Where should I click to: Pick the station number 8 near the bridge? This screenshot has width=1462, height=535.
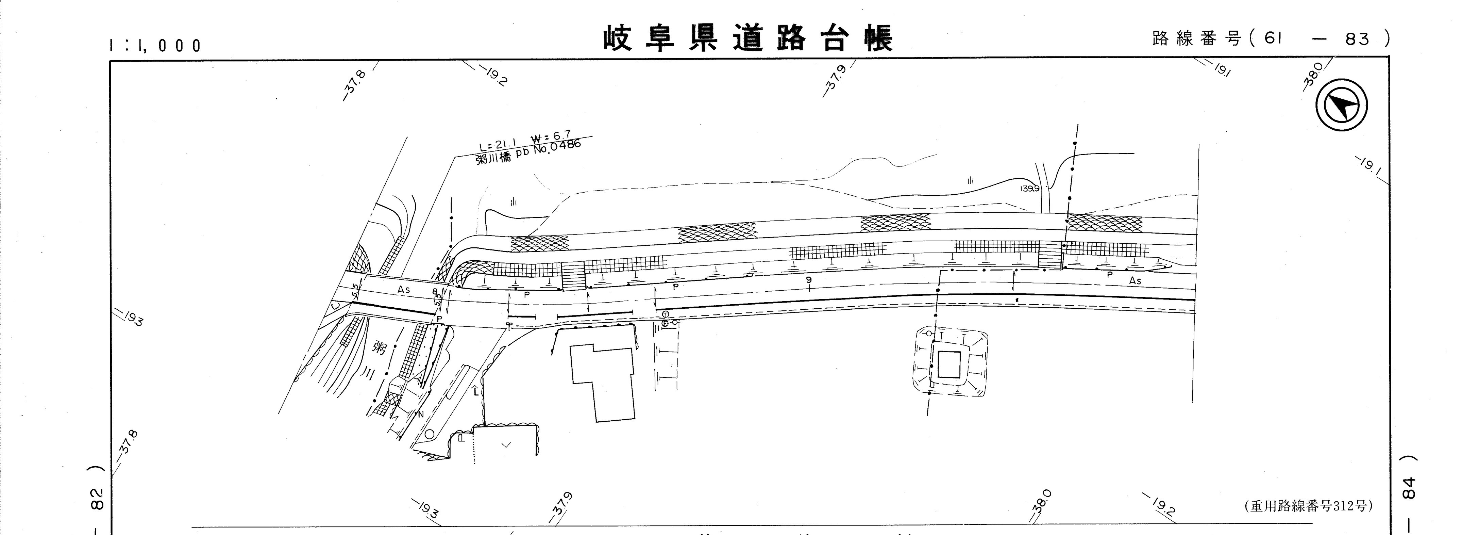tap(435, 292)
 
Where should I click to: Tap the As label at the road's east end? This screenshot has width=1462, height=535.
tap(1135, 280)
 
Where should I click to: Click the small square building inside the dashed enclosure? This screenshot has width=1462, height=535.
tap(949, 364)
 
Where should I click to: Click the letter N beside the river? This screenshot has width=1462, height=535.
tap(421, 414)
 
